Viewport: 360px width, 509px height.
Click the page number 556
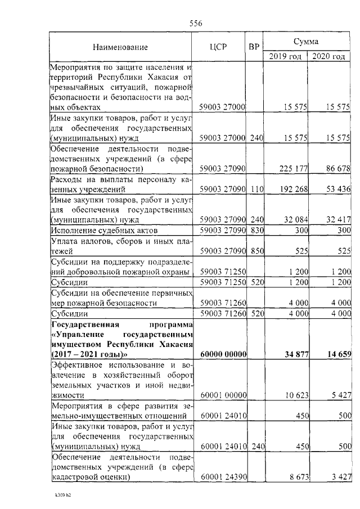click(196, 23)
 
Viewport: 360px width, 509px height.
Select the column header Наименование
click(120, 47)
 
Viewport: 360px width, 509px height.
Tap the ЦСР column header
click(217, 47)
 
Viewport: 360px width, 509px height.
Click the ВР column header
click(254, 47)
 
